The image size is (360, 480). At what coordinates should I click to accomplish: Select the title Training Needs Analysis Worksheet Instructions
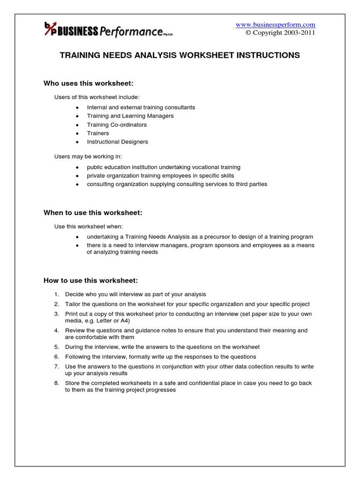[180, 55]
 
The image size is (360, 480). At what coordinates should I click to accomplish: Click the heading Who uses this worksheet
[89, 83]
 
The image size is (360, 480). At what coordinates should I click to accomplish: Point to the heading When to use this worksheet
[93, 213]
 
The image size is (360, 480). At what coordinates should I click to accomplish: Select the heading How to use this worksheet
[91, 281]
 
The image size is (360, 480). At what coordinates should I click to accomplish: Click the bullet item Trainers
[98, 133]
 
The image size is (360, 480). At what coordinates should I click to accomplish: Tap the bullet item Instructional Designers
[117, 142]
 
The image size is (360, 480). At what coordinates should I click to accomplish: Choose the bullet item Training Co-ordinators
[117, 125]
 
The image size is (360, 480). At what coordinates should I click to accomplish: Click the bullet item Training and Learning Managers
[130, 116]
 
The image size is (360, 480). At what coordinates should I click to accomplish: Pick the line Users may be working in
[88, 156]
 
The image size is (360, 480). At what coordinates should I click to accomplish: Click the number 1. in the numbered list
[56, 294]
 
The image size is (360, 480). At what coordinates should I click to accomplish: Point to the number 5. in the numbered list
[56, 347]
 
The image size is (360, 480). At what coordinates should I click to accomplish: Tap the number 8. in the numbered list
[56, 383]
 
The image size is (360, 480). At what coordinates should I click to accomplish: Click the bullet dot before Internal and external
[77, 108]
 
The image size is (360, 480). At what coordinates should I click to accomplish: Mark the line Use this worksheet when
[89, 226]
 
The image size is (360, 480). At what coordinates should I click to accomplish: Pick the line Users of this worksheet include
[97, 97]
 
